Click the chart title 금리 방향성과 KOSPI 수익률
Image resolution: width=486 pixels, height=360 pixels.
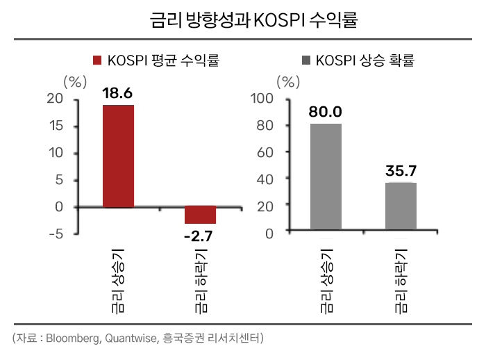pos(243,19)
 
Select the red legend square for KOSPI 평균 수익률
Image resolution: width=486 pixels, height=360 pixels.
pos(97,60)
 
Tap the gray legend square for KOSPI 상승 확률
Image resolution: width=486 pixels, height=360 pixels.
pos(304,60)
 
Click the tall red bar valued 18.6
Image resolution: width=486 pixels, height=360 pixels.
pos(118,156)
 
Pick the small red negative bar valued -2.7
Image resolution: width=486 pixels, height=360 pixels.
pos(200,215)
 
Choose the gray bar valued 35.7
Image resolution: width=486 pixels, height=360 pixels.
pos(401,206)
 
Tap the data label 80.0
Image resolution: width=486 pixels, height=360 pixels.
pos(326,112)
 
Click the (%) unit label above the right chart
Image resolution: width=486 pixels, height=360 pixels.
pos(287,81)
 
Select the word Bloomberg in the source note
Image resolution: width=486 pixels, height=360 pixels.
pos(76,339)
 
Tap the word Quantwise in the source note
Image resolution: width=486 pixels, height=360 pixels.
pos(132,339)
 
